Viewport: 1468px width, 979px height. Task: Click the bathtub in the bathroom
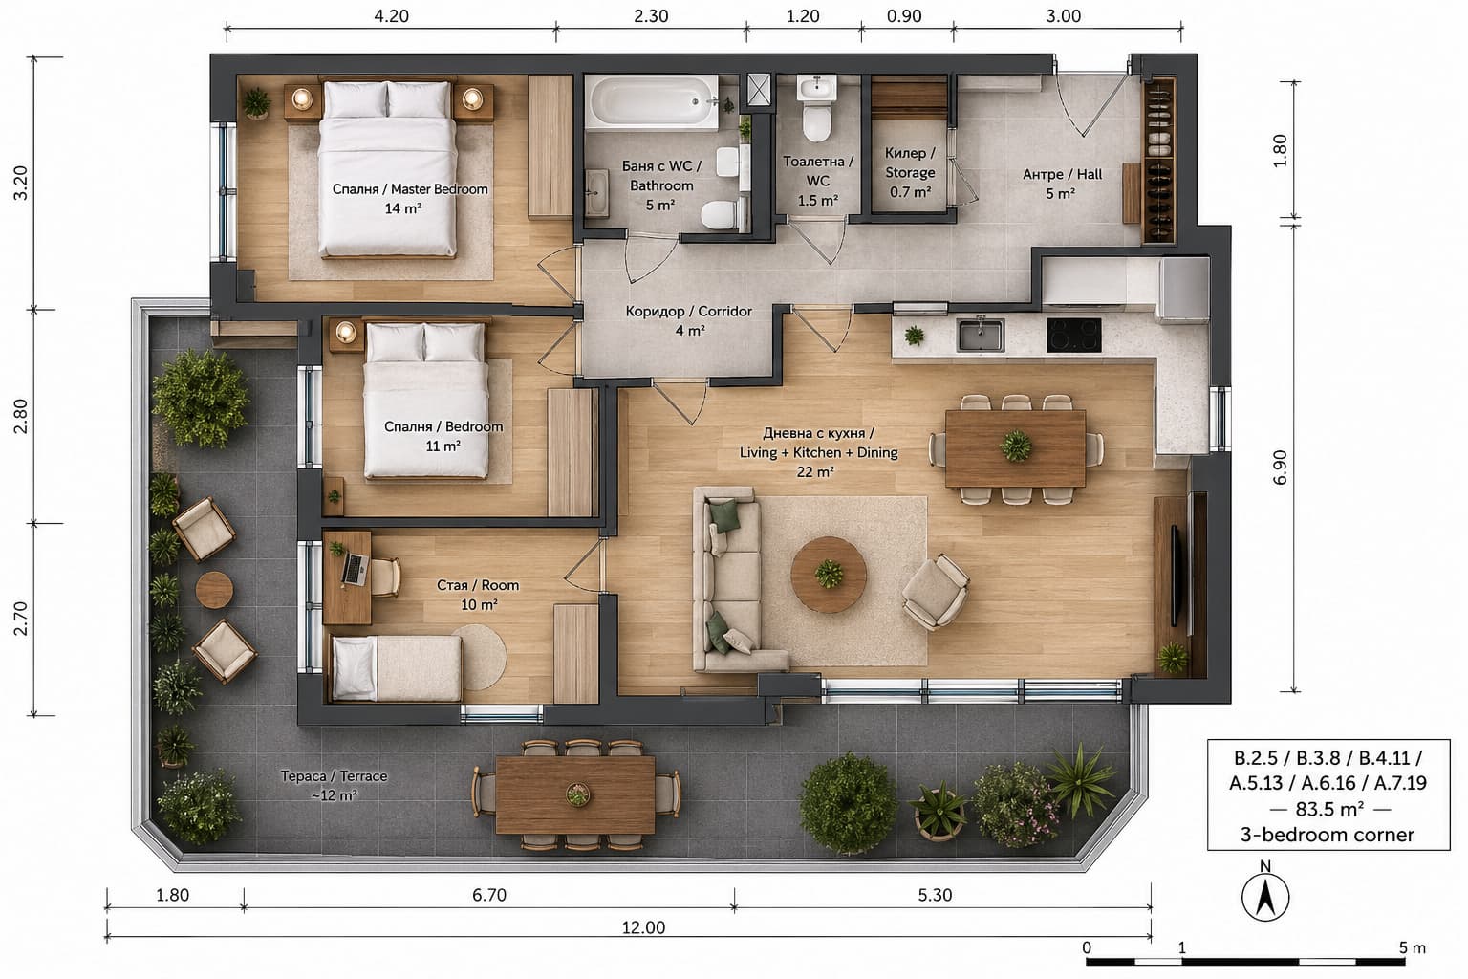click(x=652, y=101)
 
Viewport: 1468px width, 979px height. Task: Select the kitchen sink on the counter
click(x=981, y=335)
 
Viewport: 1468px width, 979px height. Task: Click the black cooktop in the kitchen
click(x=1073, y=335)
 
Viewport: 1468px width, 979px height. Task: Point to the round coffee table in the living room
click(x=829, y=575)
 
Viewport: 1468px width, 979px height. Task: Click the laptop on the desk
click(x=355, y=569)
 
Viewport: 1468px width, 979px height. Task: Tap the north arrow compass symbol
click(x=1264, y=896)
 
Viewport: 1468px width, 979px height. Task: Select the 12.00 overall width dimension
click(x=643, y=927)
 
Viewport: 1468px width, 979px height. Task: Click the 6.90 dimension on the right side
click(x=1280, y=467)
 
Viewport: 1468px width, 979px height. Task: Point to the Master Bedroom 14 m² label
click(x=410, y=199)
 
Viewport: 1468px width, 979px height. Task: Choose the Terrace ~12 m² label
click(x=334, y=785)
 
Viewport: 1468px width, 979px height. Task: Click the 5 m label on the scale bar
click(x=1413, y=947)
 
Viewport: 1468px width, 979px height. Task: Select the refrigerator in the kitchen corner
click(x=1184, y=290)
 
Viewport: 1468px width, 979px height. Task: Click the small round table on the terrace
click(x=214, y=590)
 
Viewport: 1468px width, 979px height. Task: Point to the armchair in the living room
click(x=936, y=592)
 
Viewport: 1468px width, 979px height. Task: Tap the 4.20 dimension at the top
click(x=391, y=15)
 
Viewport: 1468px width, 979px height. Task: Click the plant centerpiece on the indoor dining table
click(x=1015, y=446)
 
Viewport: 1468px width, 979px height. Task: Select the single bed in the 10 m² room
click(x=397, y=667)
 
